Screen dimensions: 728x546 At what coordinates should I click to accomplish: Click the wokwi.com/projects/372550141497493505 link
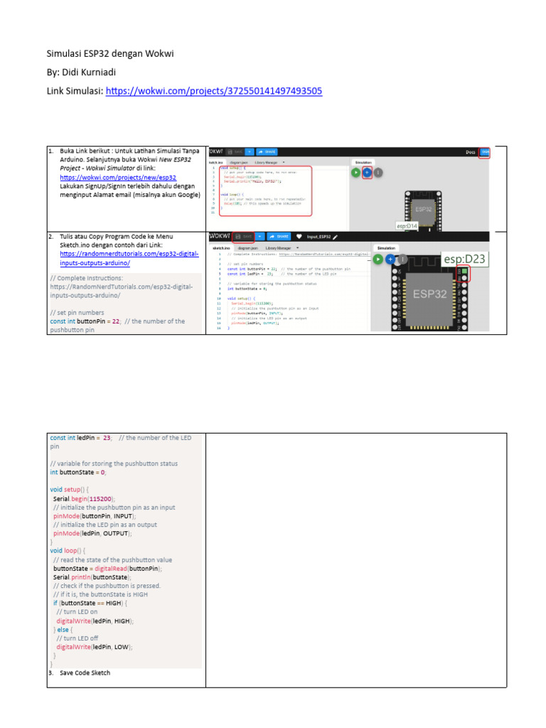coord(214,91)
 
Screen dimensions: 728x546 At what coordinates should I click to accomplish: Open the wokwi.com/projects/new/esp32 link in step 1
coord(118,177)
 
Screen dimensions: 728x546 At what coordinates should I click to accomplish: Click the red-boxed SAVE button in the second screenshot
coord(244,236)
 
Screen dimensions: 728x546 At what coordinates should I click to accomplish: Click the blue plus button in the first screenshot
coord(367,172)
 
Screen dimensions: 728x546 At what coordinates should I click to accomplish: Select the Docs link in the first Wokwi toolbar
coord(470,151)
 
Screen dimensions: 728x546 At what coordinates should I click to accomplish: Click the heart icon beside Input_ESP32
coord(299,236)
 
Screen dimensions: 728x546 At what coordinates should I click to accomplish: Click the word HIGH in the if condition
coord(116,603)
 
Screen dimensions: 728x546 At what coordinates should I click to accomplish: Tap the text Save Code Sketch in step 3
coord(85,673)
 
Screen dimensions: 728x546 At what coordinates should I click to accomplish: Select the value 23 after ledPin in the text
coord(107,438)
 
